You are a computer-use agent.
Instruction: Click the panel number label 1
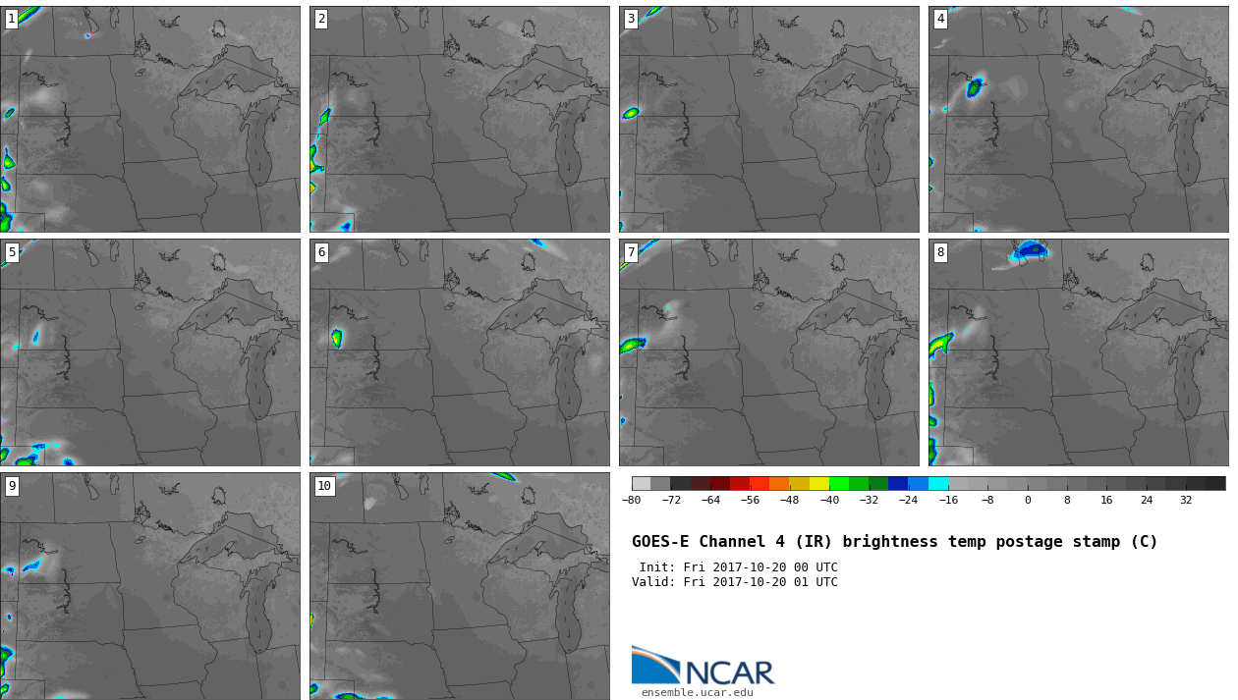(x=12, y=20)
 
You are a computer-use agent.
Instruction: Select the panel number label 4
(x=940, y=20)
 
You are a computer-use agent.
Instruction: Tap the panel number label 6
(x=321, y=253)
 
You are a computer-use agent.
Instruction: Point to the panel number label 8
(x=940, y=253)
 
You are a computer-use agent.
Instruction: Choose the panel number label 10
(x=324, y=486)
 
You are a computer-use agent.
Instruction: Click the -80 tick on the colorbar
(x=631, y=500)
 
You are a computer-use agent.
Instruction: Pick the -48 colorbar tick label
(x=789, y=500)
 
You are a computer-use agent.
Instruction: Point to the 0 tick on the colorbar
(x=1028, y=500)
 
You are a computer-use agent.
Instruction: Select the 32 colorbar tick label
(x=1186, y=500)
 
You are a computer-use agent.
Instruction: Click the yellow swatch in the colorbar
(x=819, y=484)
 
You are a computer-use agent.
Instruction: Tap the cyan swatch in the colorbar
(x=938, y=484)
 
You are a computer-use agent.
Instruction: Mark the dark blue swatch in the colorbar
(x=898, y=484)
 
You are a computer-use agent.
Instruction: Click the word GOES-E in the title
(x=660, y=542)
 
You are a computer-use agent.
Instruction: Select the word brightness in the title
(x=890, y=542)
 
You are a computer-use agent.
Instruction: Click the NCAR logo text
(x=730, y=673)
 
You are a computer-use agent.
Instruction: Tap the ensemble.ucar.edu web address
(x=698, y=692)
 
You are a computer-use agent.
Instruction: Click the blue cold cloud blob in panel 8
(x=1031, y=250)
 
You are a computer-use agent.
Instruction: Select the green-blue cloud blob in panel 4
(x=975, y=87)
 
